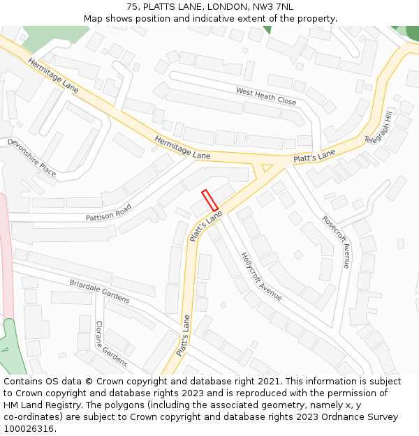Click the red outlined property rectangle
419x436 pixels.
(x=209, y=200)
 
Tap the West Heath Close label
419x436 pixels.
(x=265, y=96)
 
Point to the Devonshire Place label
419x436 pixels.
(x=31, y=157)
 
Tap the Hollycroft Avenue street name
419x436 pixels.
(x=261, y=276)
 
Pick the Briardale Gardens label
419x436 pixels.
(x=98, y=292)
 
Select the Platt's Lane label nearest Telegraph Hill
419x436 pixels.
(x=314, y=156)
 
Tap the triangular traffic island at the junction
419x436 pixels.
(x=266, y=167)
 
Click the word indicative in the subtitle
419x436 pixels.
(x=226, y=19)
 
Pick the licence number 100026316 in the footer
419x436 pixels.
(x=28, y=428)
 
